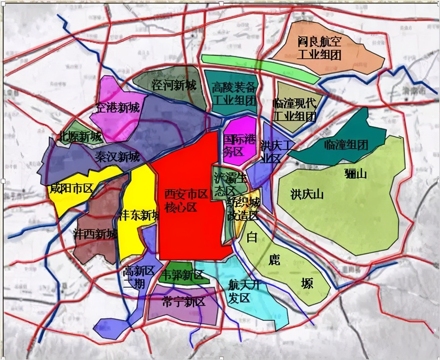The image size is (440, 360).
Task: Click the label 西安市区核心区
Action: click(x=186, y=200)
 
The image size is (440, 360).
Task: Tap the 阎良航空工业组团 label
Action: click(x=319, y=48)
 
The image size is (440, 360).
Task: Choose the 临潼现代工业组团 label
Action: click(x=295, y=110)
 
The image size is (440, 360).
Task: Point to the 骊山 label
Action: click(x=356, y=174)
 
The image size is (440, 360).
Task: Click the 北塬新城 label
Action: click(x=80, y=136)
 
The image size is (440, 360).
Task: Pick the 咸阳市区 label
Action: click(x=71, y=188)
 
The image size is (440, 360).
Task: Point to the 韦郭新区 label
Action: click(x=182, y=274)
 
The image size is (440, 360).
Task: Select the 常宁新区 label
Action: click(x=183, y=302)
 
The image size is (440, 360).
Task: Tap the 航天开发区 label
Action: click(x=243, y=291)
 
